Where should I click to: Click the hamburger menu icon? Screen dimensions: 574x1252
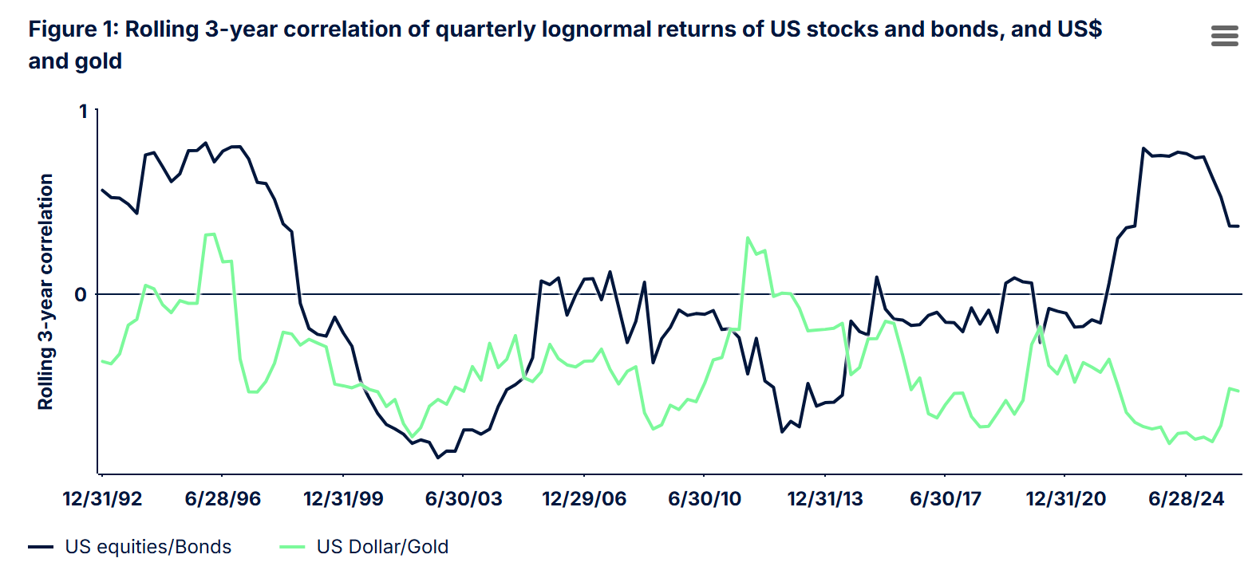tap(1224, 36)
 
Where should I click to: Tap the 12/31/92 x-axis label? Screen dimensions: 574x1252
tap(102, 499)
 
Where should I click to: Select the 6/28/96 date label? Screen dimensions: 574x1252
tap(223, 499)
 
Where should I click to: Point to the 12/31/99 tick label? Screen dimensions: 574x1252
tap(343, 499)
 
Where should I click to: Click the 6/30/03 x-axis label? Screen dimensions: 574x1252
tap(464, 499)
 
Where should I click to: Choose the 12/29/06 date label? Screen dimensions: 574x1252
tap(584, 499)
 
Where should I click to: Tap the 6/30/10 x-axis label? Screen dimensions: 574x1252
tap(705, 499)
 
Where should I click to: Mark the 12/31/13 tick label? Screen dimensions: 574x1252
tap(825, 499)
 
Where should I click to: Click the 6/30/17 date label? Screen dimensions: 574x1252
tap(946, 499)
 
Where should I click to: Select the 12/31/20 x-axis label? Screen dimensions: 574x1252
tap(1066, 499)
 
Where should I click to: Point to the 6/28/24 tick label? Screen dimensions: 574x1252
tap(1187, 499)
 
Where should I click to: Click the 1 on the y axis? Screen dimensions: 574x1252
tap(83, 112)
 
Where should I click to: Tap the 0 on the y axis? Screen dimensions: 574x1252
tap(81, 295)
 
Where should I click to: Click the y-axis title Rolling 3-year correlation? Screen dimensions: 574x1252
tap(45, 292)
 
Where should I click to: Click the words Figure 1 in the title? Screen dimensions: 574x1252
tap(73, 29)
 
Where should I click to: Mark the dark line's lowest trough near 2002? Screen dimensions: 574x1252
tap(437, 458)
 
